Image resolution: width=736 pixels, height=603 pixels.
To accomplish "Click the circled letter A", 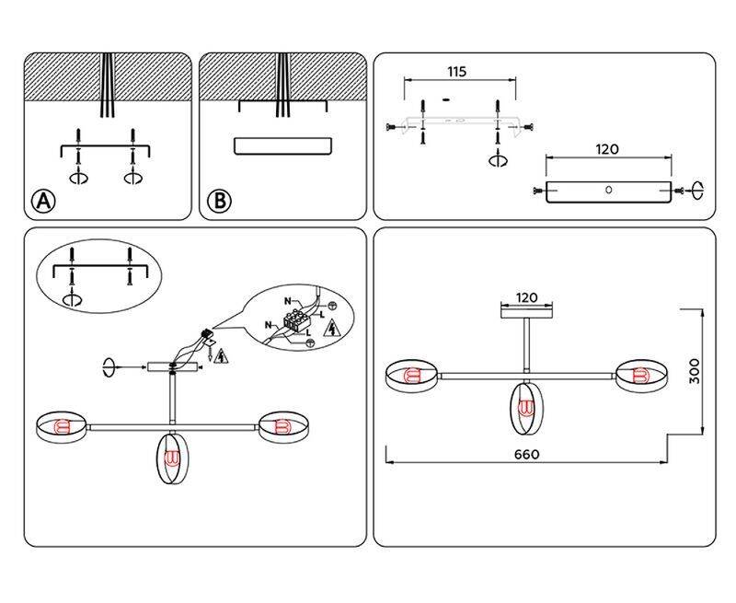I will (x=42, y=202).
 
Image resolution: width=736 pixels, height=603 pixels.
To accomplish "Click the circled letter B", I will (x=218, y=202).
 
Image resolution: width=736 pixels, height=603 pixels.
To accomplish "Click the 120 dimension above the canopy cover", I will (x=606, y=148).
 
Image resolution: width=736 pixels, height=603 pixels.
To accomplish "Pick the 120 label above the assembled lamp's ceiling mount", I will (x=525, y=297).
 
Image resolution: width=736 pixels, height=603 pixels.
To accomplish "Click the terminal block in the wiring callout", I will (x=296, y=322).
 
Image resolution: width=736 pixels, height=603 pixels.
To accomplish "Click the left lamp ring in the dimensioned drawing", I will (x=411, y=376).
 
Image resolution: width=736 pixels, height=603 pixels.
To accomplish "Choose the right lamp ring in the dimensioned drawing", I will (x=638, y=375).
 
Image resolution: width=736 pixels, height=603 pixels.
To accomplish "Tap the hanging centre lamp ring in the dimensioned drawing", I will (x=525, y=408).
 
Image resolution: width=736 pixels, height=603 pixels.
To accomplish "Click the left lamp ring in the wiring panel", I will (x=62, y=426).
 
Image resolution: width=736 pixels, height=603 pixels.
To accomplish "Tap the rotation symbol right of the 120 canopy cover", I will (x=696, y=191).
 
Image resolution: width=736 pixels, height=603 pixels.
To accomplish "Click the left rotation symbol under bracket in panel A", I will (x=78, y=178).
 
